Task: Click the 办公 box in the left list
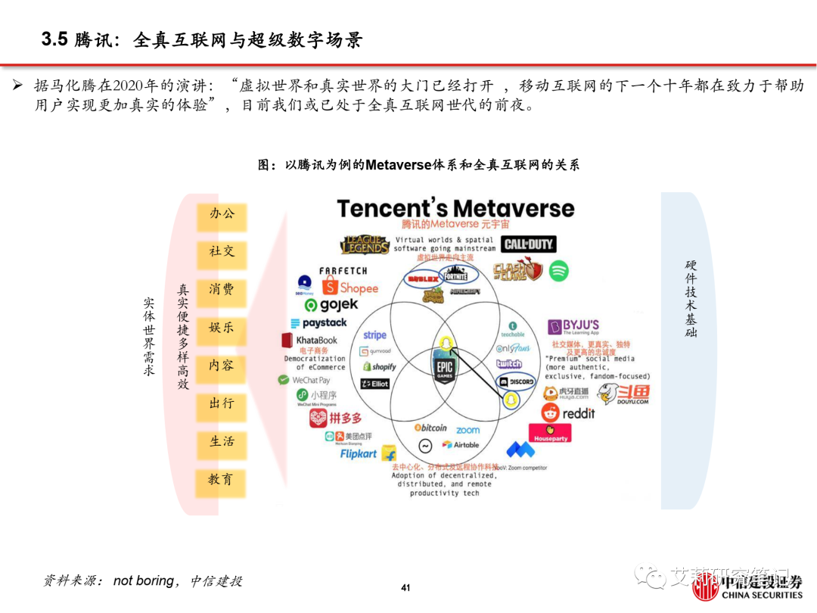point(222,214)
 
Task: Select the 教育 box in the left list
point(222,480)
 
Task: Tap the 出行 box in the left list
point(222,404)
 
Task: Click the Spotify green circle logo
point(558,271)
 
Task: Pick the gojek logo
point(331,305)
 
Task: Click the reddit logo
point(569,413)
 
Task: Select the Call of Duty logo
point(530,244)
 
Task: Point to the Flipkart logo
point(368,454)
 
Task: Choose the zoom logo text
point(468,430)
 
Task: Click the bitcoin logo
point(430,428)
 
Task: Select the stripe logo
point(374,335)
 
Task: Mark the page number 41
point(405,588)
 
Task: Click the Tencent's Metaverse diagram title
point(455,208)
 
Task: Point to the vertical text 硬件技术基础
point(691,298)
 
